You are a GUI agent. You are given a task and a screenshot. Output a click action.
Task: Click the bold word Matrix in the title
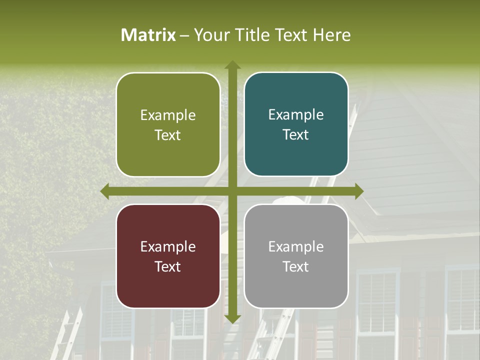point(148,35)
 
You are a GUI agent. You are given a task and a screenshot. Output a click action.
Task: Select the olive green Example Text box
point(168,124)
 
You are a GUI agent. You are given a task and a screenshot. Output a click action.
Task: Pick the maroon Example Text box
point(168,256)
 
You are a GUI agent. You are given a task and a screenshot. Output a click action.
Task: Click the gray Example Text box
point(296,256)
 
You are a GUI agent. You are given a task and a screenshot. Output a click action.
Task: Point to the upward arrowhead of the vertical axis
point(232,65)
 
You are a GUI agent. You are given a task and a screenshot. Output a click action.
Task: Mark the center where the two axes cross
point(232,191)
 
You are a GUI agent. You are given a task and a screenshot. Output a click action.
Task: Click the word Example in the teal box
point(296,114)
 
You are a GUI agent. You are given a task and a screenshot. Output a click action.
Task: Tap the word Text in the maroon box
point(168,266)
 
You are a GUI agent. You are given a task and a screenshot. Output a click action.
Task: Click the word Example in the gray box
point(296,246)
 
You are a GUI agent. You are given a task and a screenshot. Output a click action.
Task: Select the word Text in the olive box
point(168,135)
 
